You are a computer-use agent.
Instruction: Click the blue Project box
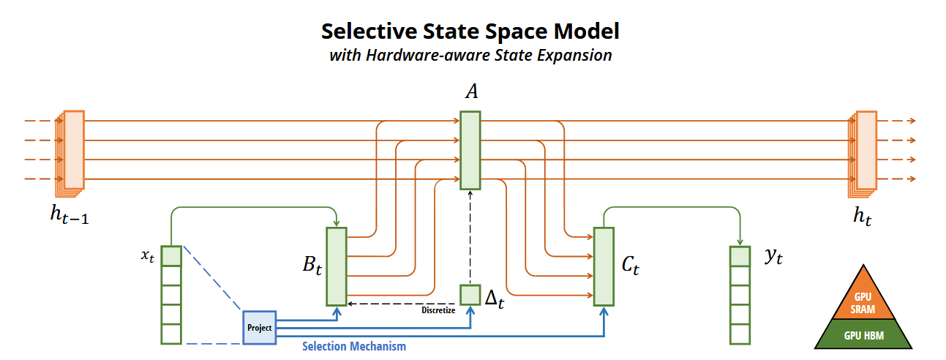pyautogui.click(x=259, y=327)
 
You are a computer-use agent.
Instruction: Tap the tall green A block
pyautogui.click(x=470, y=150)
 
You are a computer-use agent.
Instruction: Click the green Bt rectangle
pyautogui.click(x=336, y=266)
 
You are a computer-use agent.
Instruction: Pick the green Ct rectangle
pyautogui.click(x=604, y=266)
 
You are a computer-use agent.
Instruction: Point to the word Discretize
pyautogui.click(x=438, y=310)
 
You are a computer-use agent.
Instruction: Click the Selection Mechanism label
pyautogui.click(x=354, y=346)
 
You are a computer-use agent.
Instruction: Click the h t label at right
pyautogui.click(x=863, y=217)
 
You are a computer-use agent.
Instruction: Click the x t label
pyautogui.click(x=147, y=256)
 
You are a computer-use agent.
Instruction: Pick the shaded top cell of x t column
pyautogui.click(x=170, y=256)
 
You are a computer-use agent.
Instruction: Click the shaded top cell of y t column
pyautogui.click(x=740, y=256)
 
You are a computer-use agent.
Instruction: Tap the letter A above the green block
pyautogui.click(x=471, y=92)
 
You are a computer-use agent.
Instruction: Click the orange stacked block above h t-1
pyautogui.click(x=72, y=152)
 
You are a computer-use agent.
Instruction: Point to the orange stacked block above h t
pyautogui.click(x=864, y=152)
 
